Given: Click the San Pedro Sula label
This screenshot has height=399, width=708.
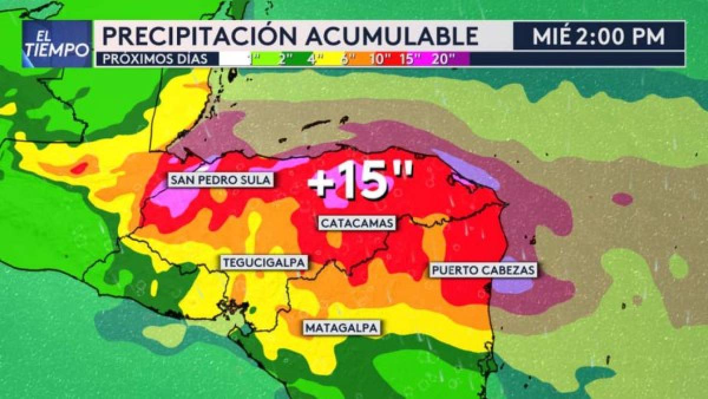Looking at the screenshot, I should pyautogui.click(x=222, y=180).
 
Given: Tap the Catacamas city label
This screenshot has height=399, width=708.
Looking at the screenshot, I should pyautogui.click(x=356, y=223).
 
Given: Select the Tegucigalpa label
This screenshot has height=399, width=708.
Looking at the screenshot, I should pyautogui.click(x=264, y=262).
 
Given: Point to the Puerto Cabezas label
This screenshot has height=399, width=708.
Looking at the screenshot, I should pyautogui.click(x=483, y=270).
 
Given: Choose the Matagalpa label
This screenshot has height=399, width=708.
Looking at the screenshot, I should pyautogui.click(x=342, y=328).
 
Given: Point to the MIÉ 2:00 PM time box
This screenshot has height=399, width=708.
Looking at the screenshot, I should pyautogui.click(x=598, y=37).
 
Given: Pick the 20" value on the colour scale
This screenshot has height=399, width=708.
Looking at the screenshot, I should pyautogui.click(x=443, y=59).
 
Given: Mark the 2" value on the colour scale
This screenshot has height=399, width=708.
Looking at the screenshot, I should pyautogui.click(x=286, y=59).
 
